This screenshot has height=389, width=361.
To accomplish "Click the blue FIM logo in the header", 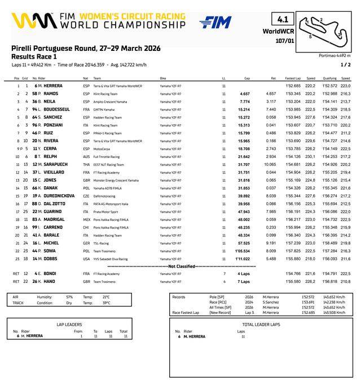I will pyautogui.click(x=215, y=22).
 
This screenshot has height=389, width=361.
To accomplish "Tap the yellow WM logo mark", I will pyautogui.click(x=28, y=21).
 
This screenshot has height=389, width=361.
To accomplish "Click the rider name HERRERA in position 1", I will pyautogui.click(x=52, y=85).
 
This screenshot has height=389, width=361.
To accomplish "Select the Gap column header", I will pyautogui.click(x=247, y=78).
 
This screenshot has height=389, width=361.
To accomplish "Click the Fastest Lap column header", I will pyautogui.click(x=293, y=78).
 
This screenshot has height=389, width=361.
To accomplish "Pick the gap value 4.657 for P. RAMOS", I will pyautogui.click(x=245, y=93).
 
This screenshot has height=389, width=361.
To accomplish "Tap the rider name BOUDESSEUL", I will pyautogui.click(x=55, y=109).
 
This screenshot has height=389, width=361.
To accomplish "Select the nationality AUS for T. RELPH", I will pyautogui.click(x=86, y=156).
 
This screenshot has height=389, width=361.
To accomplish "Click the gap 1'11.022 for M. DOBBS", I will pyautogui.click(x=243, y=259).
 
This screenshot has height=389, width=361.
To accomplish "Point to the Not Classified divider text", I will pyautogui.click(x=180, y=265).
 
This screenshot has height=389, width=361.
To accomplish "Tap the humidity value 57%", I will pyautogui.click(x=69, y=296).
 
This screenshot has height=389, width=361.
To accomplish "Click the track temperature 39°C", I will pyautogui.click(x=106, y=303).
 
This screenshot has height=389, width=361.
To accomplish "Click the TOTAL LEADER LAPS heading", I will pyautogui.click(x=261, y=325).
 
